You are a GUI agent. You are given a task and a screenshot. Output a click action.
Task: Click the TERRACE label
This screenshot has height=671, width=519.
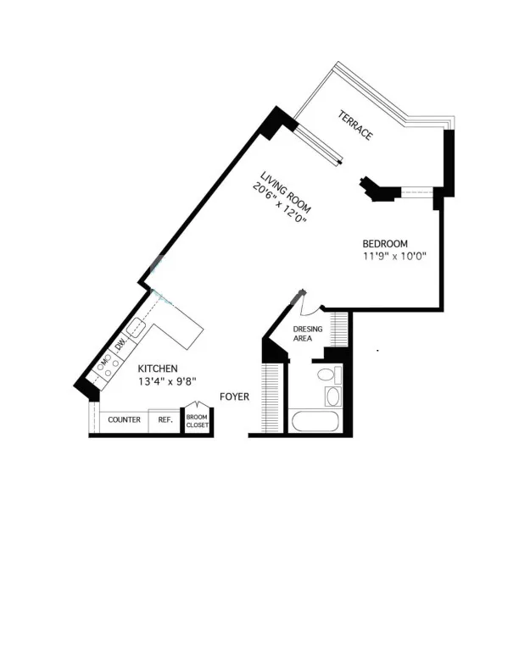tap(355, 125)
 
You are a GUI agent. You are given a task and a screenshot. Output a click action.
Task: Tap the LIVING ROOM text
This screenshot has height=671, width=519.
tap(287, 192)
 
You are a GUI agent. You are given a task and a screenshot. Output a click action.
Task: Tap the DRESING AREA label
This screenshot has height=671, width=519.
tap(307, 333)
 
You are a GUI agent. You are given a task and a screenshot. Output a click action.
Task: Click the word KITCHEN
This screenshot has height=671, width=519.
tap(158, 369)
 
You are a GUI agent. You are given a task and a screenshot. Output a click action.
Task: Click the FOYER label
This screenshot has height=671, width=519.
tap(233, 396)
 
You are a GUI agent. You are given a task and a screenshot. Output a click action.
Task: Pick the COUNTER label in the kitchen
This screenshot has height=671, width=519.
tap(124, 420)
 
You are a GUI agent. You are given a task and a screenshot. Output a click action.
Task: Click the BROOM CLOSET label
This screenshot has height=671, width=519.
tap(198, 420)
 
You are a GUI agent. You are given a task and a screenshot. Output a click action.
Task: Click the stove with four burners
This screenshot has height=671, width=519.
tap(103, 367)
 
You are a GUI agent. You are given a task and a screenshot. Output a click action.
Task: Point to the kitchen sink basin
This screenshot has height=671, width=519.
tap(136, 328)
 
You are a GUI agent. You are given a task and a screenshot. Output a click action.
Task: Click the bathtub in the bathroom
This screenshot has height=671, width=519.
tap(315, 420)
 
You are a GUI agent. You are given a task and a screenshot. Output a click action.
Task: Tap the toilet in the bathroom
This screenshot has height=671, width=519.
tap(325, 375)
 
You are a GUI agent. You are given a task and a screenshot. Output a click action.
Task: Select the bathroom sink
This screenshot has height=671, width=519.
tap(332, 396)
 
